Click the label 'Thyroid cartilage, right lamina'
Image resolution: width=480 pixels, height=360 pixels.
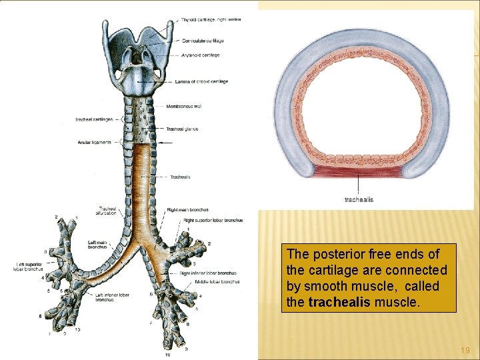coord(211,19)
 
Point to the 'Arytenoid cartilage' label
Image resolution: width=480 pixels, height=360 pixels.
coord(201,55)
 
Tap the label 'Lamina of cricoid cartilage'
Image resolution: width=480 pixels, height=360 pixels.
coord(201,81)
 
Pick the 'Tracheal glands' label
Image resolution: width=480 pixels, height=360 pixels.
coord(182,129)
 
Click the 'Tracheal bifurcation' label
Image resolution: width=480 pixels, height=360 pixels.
coord(107,210)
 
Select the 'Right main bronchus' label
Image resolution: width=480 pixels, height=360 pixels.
coord(187,210)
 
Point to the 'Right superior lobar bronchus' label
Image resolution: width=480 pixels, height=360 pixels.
coord(213,220)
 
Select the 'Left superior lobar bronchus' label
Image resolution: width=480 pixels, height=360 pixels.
coord(31,267)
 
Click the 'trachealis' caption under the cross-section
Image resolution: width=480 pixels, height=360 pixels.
coord(359,199)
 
